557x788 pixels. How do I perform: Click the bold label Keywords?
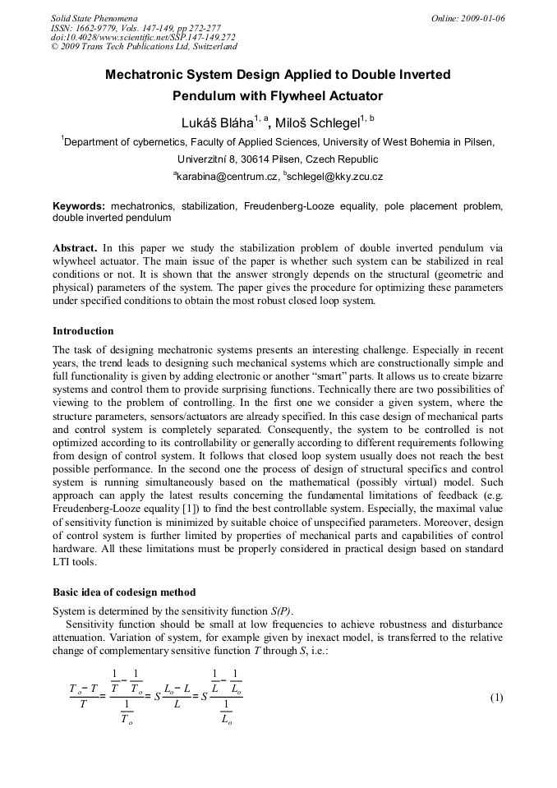click(79, 205)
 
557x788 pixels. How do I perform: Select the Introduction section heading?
click(83, 331)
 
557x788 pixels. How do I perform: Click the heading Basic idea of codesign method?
click(124, 592)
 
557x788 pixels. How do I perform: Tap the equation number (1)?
click(496, 698)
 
